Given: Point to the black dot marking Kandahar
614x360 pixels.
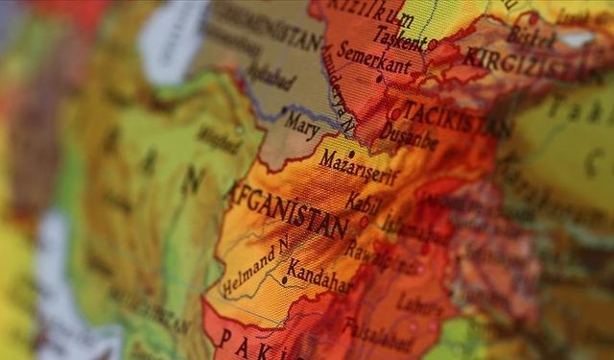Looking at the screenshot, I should pyautogui.click(x=284, y=280).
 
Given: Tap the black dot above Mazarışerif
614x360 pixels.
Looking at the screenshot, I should pyautogui.click(x=351, y=153).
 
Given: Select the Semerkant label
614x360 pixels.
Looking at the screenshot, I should pyautogui.click(x=373, y=60).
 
